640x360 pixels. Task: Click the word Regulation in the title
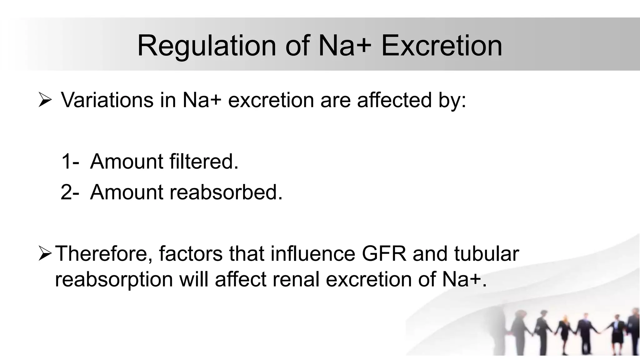(x=207, y=46)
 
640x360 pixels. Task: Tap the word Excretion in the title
(x=442, y=46)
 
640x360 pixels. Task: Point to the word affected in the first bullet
(x=395, y=100)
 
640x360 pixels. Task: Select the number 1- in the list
(x=70, y=162)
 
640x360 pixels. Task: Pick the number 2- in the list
(x=70, y=192)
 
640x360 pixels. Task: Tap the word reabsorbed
(x=226, y=192)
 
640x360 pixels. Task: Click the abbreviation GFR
(x=384, y=253)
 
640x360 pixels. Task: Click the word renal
(x=296, y=279)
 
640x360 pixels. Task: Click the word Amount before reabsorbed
(x=127, y=192)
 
